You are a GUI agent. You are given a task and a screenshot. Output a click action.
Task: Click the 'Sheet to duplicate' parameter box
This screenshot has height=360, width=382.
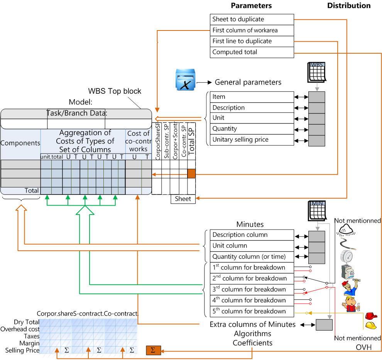[252, 19]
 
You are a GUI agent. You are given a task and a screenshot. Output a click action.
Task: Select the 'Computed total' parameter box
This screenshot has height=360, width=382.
[252, 52]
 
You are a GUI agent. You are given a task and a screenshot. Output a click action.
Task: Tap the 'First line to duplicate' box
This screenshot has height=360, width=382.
[252, 41]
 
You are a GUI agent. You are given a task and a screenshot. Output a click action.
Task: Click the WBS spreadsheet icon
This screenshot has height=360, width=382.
[317, 72]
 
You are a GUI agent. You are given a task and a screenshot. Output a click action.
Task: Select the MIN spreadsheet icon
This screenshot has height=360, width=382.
[317, 211]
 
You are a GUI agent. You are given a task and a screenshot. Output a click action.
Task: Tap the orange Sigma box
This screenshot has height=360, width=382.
[153, 350]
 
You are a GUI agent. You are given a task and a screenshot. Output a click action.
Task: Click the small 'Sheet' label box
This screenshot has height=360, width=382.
[183, 199]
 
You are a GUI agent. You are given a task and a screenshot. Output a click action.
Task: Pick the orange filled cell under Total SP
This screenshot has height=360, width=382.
[191, 174]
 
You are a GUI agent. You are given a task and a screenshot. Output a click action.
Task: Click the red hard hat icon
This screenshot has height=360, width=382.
[371, 316]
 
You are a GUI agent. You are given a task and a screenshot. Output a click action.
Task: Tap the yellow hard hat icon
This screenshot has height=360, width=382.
[371, 325]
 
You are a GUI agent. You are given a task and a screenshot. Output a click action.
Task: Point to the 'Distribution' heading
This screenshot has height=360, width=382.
[349, 6]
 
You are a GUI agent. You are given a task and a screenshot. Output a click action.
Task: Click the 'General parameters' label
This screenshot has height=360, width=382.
[248, 82]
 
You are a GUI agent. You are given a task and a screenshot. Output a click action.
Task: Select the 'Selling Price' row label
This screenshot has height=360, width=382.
[22, 350]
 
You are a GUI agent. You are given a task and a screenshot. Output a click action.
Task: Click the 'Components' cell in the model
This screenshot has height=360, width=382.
[20, 143]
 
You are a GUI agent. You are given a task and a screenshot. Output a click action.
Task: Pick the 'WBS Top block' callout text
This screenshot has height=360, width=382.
[115, 91]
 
